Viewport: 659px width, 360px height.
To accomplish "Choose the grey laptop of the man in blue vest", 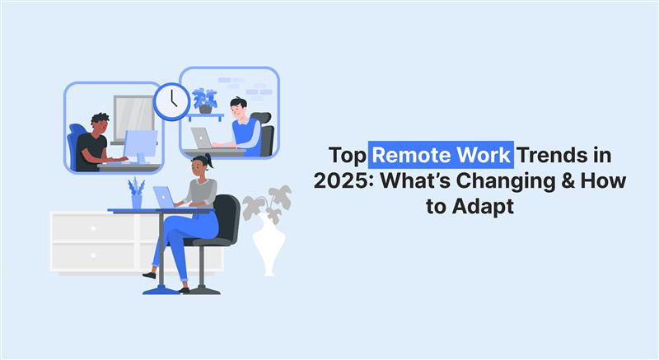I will (202, 138).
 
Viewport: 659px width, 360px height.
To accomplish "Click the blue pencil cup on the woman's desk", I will (136, 200).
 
